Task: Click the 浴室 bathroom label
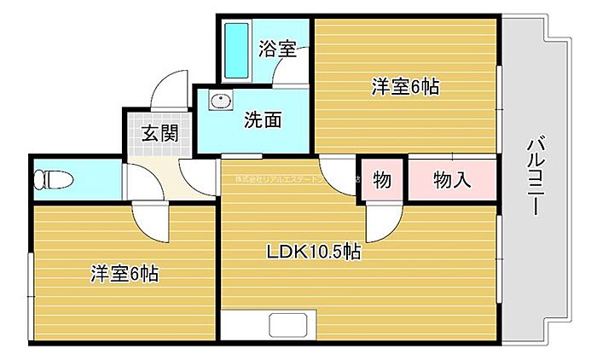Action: [277, 49]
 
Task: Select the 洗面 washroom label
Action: [263, 120]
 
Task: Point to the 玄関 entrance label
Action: [159, 134]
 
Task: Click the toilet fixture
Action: [52, 179]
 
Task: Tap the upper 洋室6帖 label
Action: [404, 86]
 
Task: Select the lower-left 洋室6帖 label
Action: [125, 274]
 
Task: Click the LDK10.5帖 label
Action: [313, 252]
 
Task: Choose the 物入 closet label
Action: [451, 180]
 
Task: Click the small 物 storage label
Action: [382, 180]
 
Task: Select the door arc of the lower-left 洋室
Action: [154, 224]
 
